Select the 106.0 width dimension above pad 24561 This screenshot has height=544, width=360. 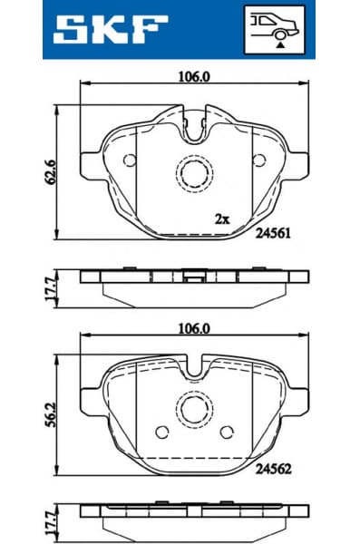193,77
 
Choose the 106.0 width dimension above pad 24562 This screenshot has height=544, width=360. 193,328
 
